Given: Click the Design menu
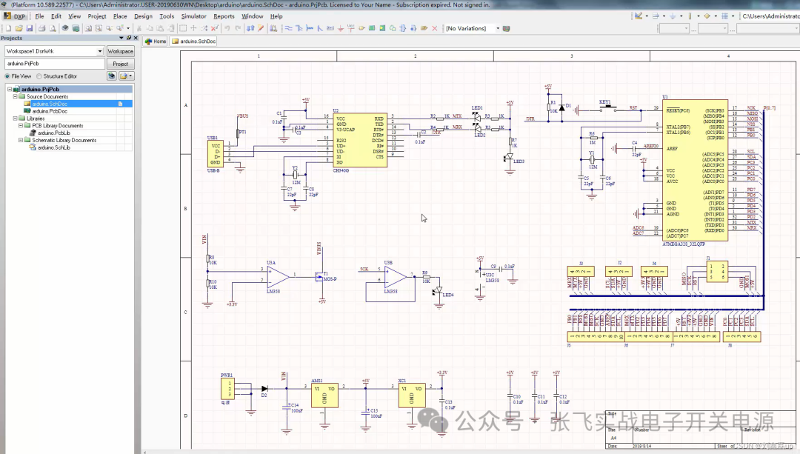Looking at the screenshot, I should pos(143,16).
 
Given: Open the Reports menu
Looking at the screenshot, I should pos(224,16).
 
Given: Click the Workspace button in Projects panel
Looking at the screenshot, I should pos(120,51).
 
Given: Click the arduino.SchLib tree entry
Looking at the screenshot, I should pos(53,147).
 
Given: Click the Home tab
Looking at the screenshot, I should pos(156,41).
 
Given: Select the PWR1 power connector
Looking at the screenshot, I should pos(230,390).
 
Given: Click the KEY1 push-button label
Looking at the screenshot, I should pos(605,101).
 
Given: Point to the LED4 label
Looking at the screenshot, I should pos(447,295).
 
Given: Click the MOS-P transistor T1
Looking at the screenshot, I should pos(323,277).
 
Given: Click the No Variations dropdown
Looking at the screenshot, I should pos(476,28).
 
